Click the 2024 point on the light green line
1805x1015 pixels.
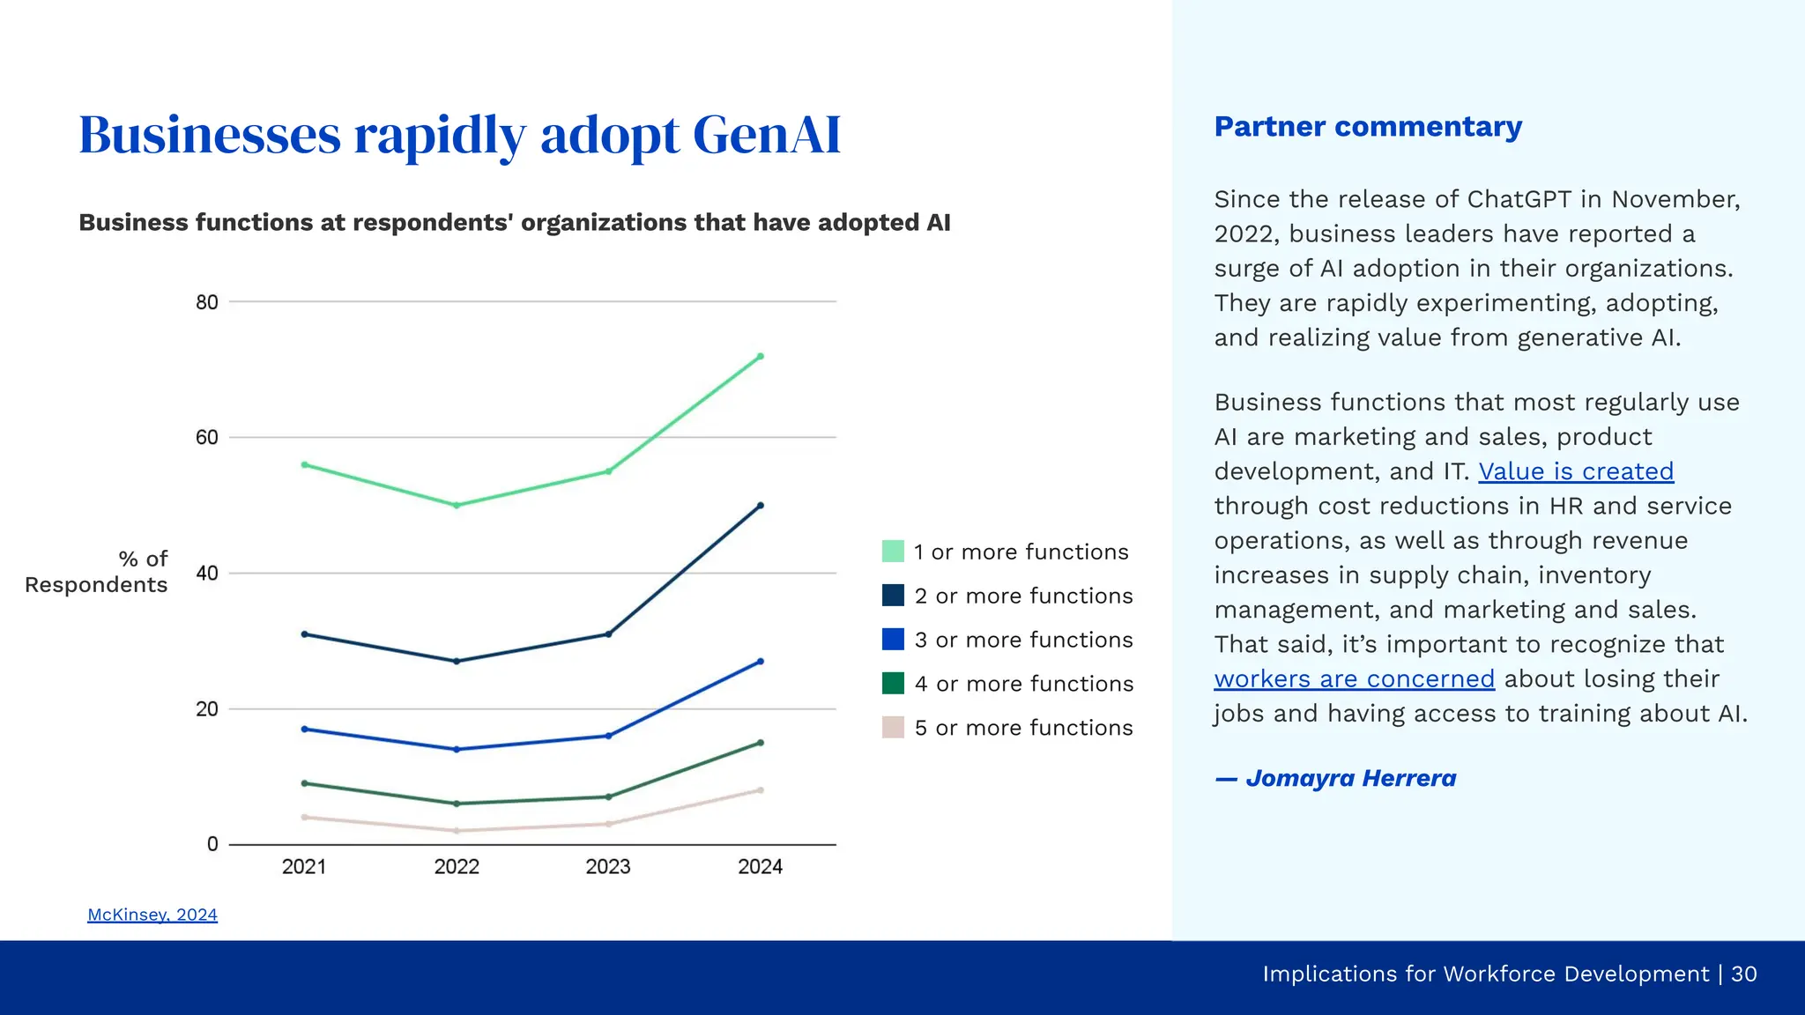click(761, 357)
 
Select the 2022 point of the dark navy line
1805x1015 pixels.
click(457, 661)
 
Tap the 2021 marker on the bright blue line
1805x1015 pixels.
click(305, 729)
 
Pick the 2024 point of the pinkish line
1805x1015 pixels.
click(761, 790)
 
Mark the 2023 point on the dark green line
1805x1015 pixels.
click(608, 796)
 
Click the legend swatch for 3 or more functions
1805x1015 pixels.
click(893, 640)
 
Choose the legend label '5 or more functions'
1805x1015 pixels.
click(1023, 728)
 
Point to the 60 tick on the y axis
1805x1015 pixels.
click(207, 438)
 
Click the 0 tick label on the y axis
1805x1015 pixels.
click(212, 844)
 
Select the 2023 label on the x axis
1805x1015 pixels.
click(608, 867)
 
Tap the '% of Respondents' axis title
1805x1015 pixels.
click(97, 572)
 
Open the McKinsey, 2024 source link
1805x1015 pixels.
click(152, 915)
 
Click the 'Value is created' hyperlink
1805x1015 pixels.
click(1576, 471)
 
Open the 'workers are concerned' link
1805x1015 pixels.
click(1354, 679)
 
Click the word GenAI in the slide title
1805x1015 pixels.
click(767, 135)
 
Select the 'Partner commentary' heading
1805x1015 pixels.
click(1368, 127)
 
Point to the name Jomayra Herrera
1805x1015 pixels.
click(1350, 779)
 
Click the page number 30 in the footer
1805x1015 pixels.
click(1743, 974)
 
